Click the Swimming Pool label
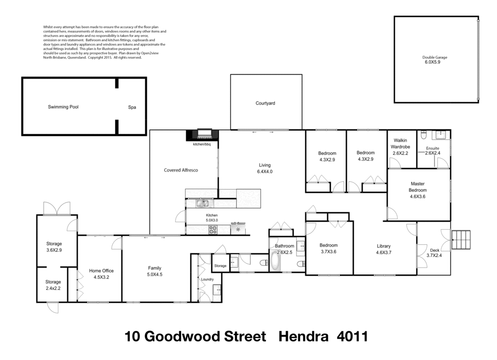tap(63, 107)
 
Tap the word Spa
tap(132, 107)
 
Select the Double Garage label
tap(435, 57)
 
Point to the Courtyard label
tap(265, 103)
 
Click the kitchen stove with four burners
tap(213, 230)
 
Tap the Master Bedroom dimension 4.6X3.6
tap(418, 197)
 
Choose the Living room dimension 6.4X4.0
tap(265, 171)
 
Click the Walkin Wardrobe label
tap(401, 143)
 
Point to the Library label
tap(383, 246)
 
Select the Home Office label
tap(101, 271)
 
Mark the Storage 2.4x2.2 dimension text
tap(53, 289)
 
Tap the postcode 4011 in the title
tap(352, 337)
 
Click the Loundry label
tap(207, 279)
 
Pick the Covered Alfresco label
tap(181, 171)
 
